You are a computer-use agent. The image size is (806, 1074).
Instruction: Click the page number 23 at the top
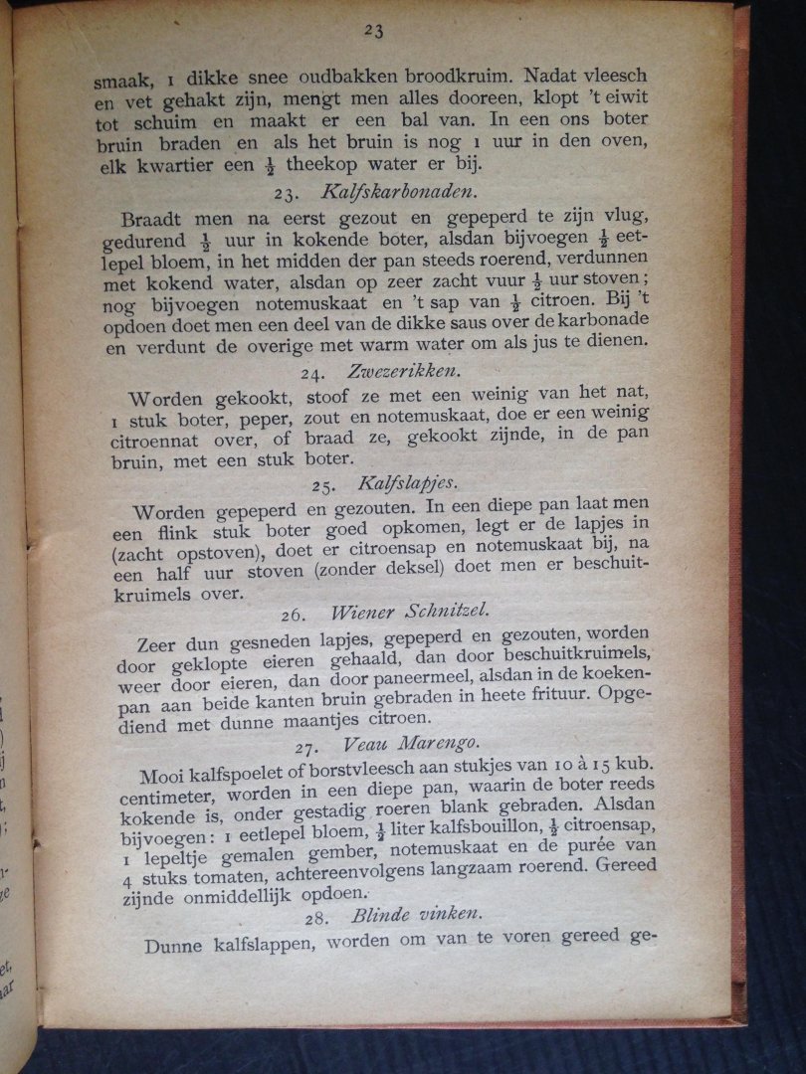tap(373, 31)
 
